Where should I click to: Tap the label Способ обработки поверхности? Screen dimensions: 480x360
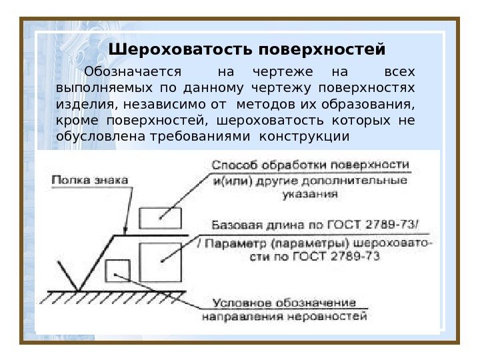pyautogui.click(x=310, y=165)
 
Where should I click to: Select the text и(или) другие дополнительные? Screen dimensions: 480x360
pyautogui.click(x=310, y=180)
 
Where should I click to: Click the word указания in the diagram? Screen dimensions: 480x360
pyautogui.click(x=310, y=195)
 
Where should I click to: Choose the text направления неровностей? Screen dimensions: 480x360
pyautogui.click(x=285, y=318)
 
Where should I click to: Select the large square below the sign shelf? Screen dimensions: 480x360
pyautogui.click(x=160, y=262)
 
